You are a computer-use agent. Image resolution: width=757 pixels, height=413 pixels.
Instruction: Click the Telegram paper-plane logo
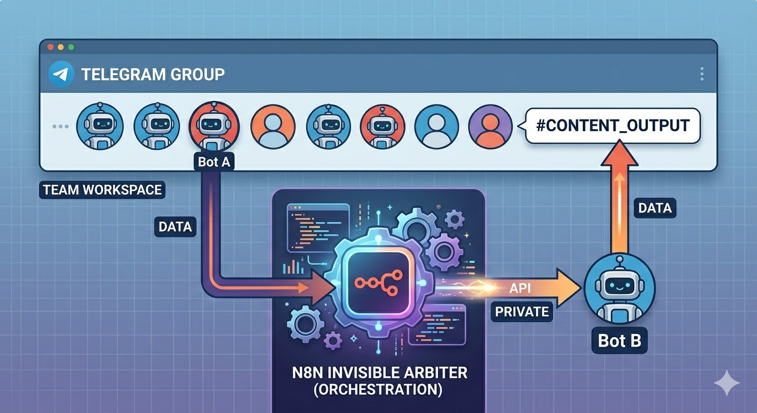61,74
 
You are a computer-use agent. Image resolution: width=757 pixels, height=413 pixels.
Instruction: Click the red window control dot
51,47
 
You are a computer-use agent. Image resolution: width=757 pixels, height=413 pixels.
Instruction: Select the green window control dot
70,47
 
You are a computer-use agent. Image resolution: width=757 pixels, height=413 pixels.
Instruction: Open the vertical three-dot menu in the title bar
702,74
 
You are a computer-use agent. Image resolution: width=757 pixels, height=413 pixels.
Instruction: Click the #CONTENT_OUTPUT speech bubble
612,126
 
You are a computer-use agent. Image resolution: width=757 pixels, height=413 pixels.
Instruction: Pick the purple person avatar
490,126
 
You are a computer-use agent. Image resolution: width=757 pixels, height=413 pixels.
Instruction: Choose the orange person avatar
273,126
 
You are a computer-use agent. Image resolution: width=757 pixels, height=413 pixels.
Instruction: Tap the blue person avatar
437,126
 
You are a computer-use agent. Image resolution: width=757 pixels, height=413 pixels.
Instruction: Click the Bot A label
214,162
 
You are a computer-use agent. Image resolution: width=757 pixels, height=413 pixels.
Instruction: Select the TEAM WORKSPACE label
102,190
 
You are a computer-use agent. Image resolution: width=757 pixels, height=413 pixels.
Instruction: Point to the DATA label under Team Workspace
175,226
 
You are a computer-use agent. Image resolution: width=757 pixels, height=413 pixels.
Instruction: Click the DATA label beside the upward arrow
655,208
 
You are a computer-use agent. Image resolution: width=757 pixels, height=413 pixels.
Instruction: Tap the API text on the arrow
519,288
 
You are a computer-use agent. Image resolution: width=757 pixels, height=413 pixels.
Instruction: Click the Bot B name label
619,341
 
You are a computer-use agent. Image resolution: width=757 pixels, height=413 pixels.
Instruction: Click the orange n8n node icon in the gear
376,283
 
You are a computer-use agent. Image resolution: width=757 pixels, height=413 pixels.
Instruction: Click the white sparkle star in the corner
726,382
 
